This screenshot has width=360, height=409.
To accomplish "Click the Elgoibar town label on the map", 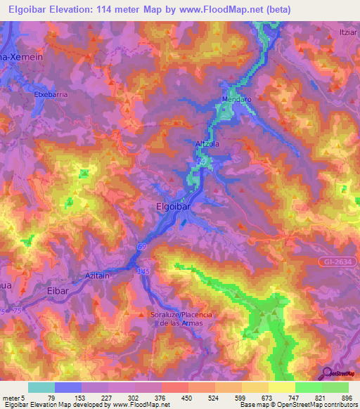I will tap(173, 207).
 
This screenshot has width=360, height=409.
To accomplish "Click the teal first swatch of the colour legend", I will tap(41, 387).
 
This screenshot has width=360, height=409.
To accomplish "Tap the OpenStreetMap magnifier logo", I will tap(326, 373).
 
